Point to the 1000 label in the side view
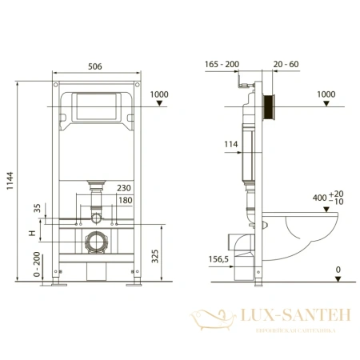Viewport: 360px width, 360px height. click(326, 94)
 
